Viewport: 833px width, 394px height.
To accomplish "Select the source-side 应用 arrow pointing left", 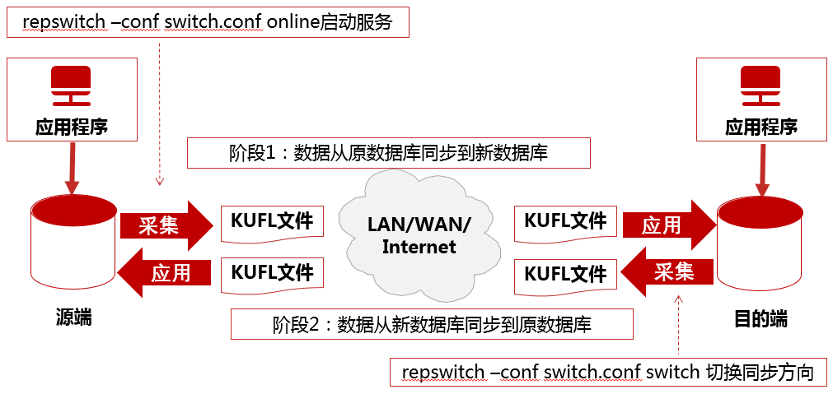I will (165, 272).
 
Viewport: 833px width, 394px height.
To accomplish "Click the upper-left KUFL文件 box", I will (272, 223).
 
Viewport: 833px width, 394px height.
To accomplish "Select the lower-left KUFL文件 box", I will (272, 273).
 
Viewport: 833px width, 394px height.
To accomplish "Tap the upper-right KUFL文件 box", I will (565, 222).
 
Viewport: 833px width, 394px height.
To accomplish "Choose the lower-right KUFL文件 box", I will (565, 274).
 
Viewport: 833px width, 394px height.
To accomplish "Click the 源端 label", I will (73, 318).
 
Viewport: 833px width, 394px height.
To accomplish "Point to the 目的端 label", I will (760, 318).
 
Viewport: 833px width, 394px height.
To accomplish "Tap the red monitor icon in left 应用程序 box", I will (71, 86).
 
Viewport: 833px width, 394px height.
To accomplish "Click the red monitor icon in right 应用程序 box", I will (760, 86).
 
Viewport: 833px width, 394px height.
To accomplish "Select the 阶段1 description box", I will (388, 152).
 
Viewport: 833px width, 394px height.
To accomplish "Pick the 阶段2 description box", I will (432, 324).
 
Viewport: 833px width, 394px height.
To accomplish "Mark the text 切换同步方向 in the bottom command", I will (760, 372).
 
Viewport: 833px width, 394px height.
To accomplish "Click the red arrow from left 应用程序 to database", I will (72, 169).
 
